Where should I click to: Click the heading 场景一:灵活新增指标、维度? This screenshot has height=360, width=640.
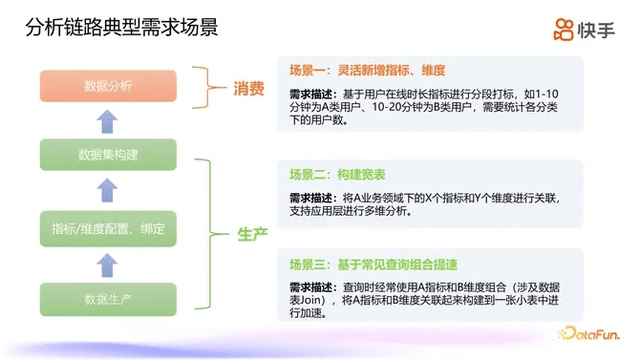(367, 71)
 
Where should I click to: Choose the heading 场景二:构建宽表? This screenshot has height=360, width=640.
(336, 175)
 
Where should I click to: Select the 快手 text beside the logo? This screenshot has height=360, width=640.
(598, 30)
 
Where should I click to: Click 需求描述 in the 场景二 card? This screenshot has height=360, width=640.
(311, 198)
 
